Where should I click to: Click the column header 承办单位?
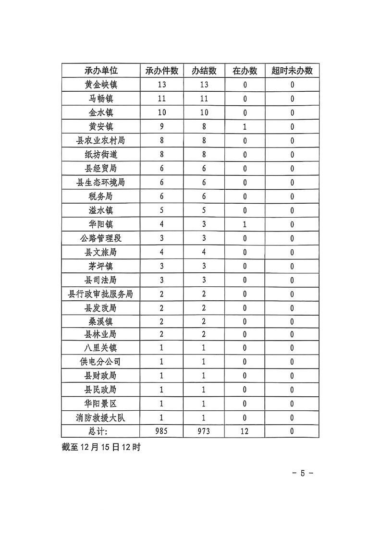[x=100, y=71]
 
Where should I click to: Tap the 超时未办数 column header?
[x=292, y=71]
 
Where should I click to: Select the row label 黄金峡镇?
[x=100, y=85]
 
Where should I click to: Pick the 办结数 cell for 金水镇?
[x=204, y=113]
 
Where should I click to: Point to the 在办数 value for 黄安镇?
[x=245, y=127]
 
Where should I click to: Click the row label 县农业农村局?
[x=100, y=141]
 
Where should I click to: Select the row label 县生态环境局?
[x=100, y=183]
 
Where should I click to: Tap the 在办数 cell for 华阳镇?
[x=245, y=224]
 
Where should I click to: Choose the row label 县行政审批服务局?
[x=100, y=294]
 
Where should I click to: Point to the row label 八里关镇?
[x=100, y=348]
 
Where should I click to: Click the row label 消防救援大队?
[x=100, y=417]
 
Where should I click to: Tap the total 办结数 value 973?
[x=204, y=431]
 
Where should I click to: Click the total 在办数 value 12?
[x=245, y=431]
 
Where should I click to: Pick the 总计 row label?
[x=100, y=431]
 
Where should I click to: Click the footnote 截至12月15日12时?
[x=101, y=447]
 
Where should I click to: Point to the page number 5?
[x=303, y=473]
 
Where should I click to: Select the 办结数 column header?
[x=204, y=71]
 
